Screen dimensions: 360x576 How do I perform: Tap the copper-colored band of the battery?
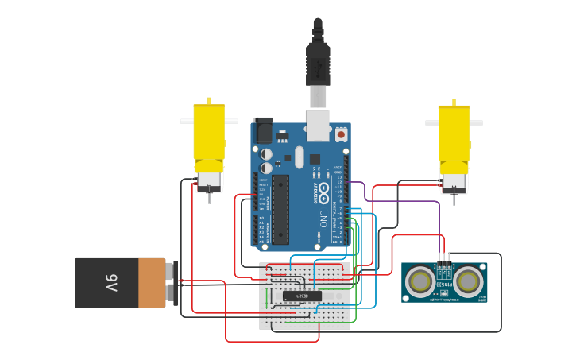point(152,283)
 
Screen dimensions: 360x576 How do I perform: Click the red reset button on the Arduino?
point(342,135)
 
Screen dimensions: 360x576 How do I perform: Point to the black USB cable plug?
point(318,64)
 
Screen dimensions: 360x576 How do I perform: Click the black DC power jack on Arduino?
point(263,130)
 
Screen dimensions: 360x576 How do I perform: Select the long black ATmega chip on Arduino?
point(280,209)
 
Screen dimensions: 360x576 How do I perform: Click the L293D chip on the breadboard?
point(303,296)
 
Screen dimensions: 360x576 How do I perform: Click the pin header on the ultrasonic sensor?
point(443,259)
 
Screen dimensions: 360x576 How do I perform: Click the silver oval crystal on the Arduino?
point(299,157)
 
